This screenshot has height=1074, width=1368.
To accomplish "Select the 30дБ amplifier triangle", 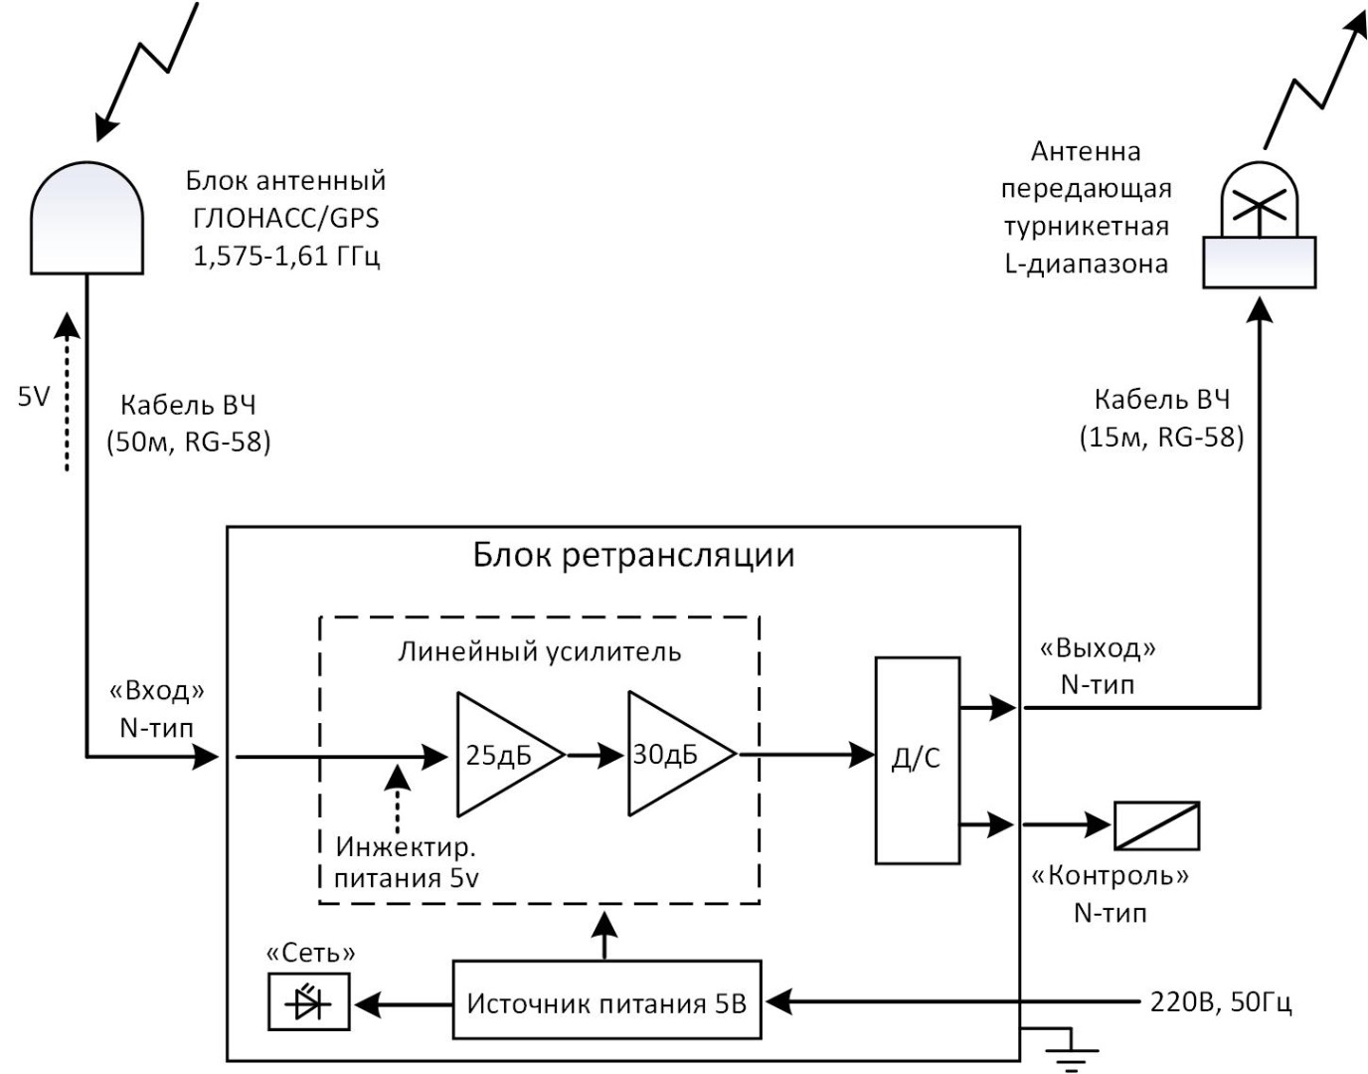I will [670, 755].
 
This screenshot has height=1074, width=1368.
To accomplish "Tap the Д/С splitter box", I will [917, 760].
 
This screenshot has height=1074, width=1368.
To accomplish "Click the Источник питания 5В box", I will [606, 1002].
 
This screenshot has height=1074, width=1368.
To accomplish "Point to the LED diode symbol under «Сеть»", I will [309, 1002].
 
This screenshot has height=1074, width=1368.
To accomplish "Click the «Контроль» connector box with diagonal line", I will [1156, 825].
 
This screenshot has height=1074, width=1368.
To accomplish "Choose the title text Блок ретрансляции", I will [633, 554].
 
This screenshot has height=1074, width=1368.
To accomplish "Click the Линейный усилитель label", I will [539, 651].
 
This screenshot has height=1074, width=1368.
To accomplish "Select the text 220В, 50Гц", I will [1221, 1001].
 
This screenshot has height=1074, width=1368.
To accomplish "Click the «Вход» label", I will [157, 690].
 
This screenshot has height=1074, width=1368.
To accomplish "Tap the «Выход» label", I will [1098, 648].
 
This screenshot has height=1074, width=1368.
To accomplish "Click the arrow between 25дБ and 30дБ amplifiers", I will [596, 756].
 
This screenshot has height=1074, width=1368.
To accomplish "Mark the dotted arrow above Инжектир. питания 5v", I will [397, 801].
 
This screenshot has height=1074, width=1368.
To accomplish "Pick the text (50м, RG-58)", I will [188, 442].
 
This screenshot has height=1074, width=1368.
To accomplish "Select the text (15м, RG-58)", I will [1161, 437].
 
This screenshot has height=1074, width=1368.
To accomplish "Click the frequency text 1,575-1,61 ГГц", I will [285, 256].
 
